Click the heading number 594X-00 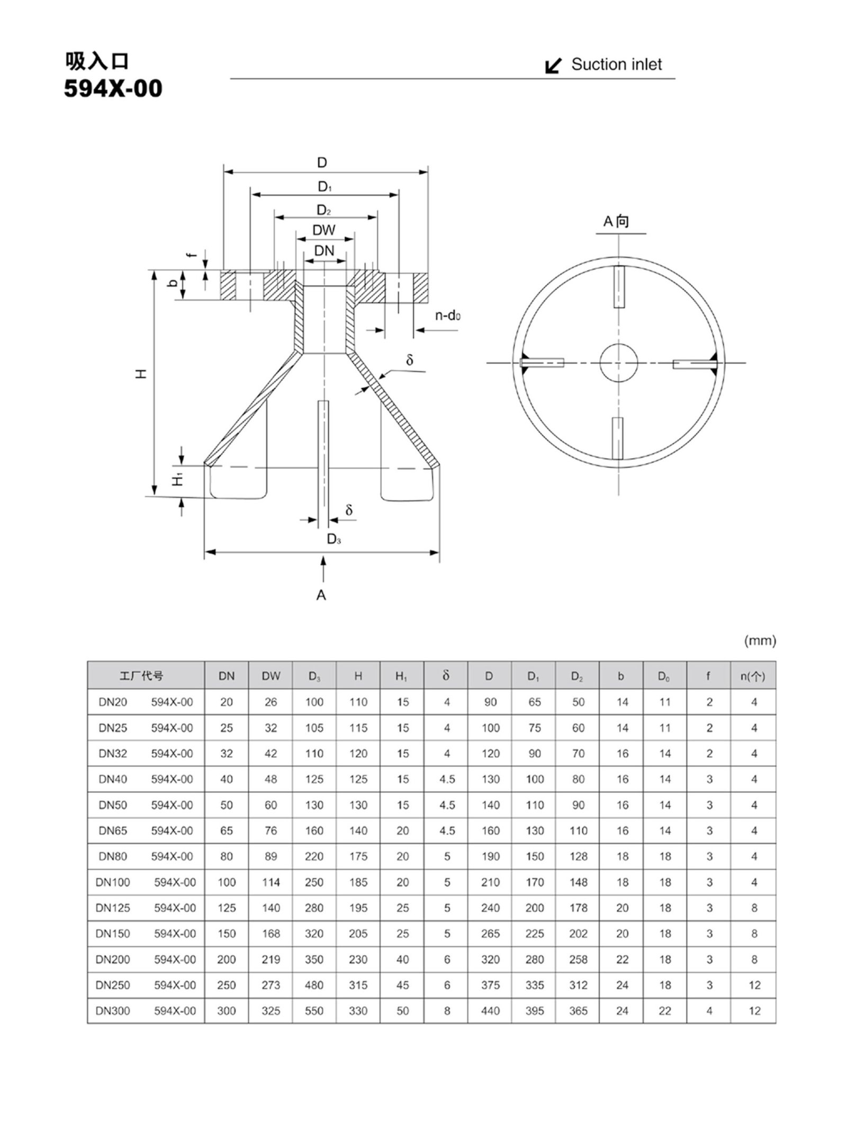pyautogui.click(x=113, y=88)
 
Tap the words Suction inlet pyautogui.click(x=616, y=65)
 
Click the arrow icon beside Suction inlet pyautogui.click(x=553, y=66)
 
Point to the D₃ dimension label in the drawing pyautogui.click(x=334, y=539)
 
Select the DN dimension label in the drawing pyautogui.click(x=324, y=250)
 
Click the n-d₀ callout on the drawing pyautogui.click(x=448, y=316)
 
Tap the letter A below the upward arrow pyautogui.click(x=321, y=595)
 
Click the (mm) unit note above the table pyautogui.click(x=760, y=641)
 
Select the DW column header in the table pyautogui.click(x=271, y=676)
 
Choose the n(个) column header pyautogui.click(x=752, y=676)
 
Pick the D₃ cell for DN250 pyautogui.click(x=314, y=985)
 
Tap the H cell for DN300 pyautogui.click(x=358, y=1011)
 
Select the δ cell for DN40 pyautogui.click(x=447, y=779)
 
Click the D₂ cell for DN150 pyautogui.click(x=578, y=934)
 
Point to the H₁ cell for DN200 pyautogui.click(x=402, y=960)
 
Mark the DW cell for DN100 pyautogui.click(x=271, y=882)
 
